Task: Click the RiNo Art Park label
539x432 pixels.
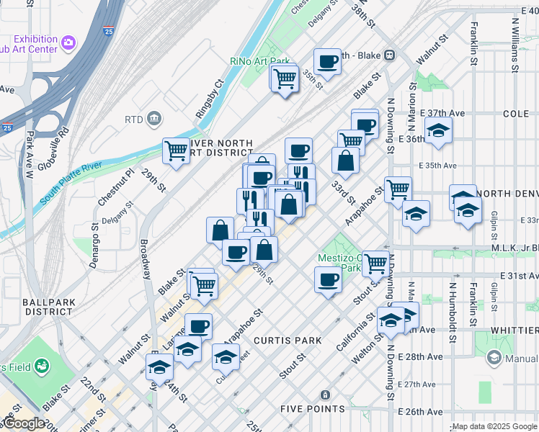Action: [259, 62]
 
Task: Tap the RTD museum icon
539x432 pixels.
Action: [153, 118]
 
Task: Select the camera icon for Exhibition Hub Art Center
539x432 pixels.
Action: [68, 43]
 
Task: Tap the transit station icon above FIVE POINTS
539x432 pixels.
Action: [325, 395]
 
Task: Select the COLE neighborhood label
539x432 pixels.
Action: [516, 114]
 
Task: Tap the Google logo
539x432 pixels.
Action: [23, 423]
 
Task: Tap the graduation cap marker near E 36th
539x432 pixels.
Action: [437, 131]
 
